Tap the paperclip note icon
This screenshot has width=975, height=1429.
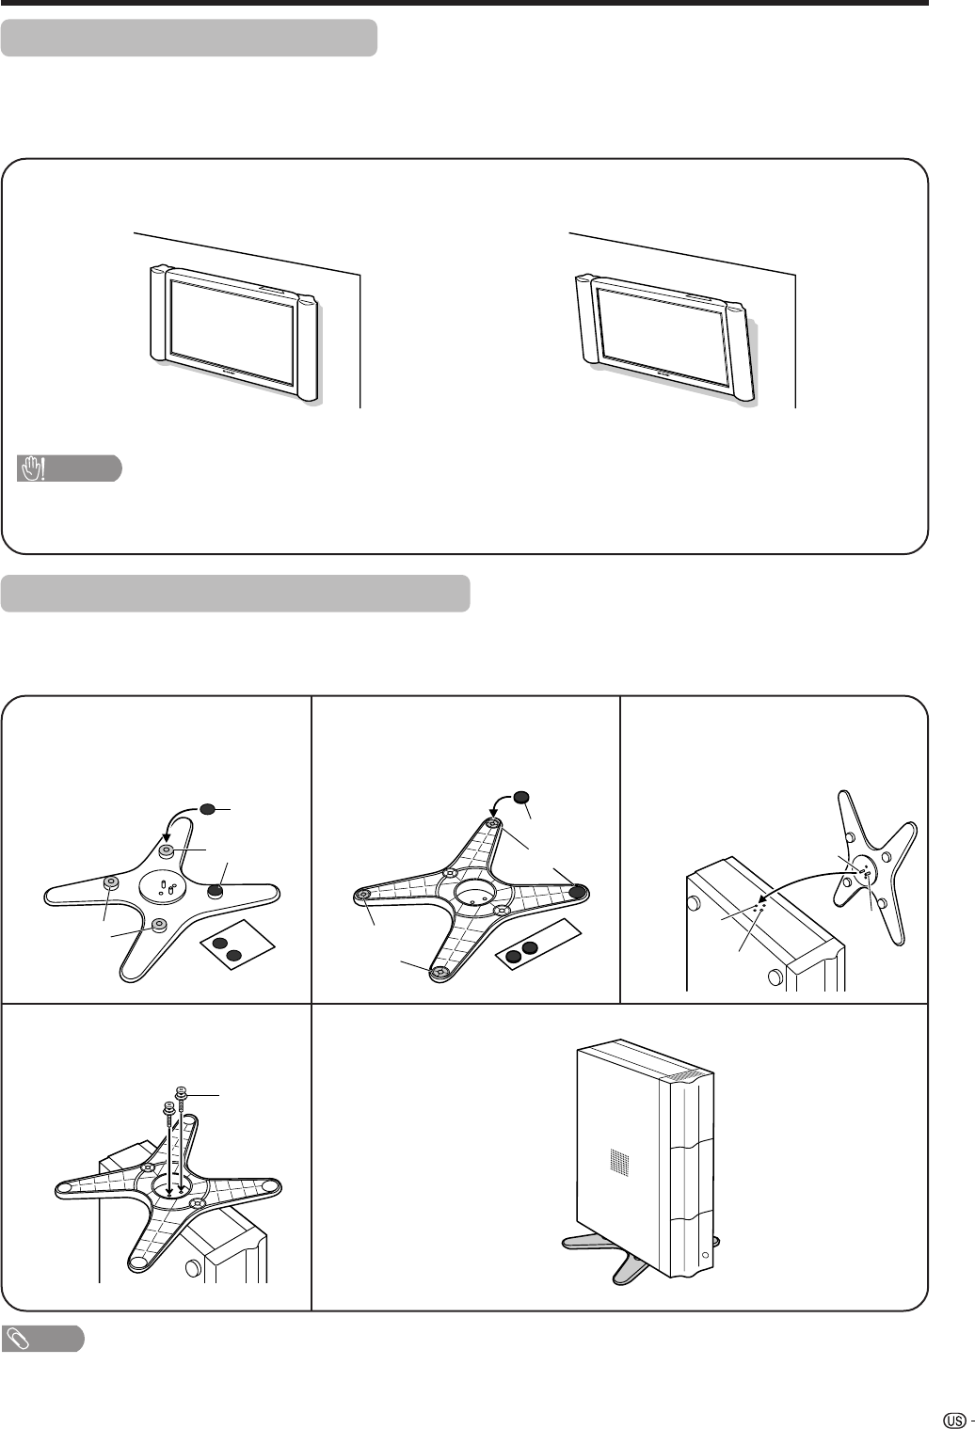pyautogui.click(x=17, y=1339)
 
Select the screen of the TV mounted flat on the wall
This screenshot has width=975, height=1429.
pyautogui.click(x=232, y=330)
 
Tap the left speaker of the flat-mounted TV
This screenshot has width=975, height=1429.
pyautogui.click(x=158, y=313)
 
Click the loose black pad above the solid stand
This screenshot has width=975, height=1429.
pyautogui.click(x=207, y=809)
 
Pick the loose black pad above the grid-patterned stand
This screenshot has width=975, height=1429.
pyautogui.click(x=522, y=798)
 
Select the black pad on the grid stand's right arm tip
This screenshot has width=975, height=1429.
pyautogui.click(x=578, y=892)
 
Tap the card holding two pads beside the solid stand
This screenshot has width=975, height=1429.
pyautogui.click(x=238, y=945)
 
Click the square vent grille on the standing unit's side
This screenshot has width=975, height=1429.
pyautogui.click(x=618, y=1161)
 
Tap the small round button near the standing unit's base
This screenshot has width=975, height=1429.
pyautogui.click(x=705, y=1255)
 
